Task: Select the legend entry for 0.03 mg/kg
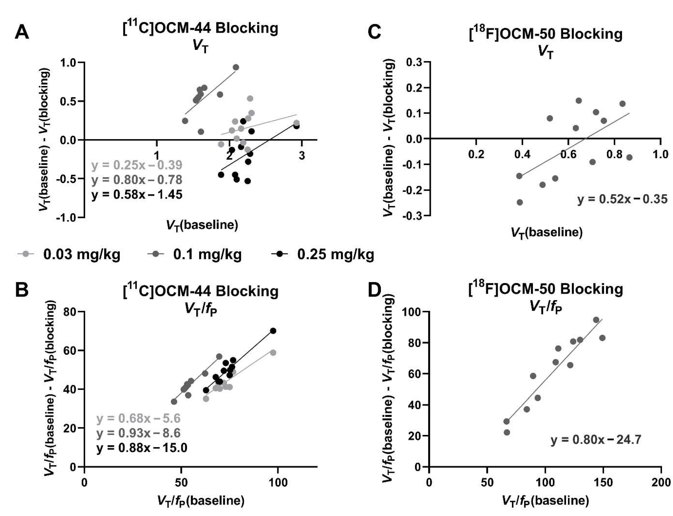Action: [x=69, y=254]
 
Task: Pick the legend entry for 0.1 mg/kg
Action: [x=195, y=254]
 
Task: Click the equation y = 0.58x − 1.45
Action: [x=137, y=194]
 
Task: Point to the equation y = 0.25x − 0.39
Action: [x=137, y=165]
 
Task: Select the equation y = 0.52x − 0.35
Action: [x=622, y=199]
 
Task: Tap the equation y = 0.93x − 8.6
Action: [x=138, y=433]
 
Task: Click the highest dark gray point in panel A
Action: [x=236, y=67]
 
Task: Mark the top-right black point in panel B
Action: [x=273, y=330]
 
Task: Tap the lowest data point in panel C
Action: [x=520, y=202]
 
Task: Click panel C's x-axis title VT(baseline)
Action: [x=547, y=232]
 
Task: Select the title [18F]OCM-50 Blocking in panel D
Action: [x=546, y=289]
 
